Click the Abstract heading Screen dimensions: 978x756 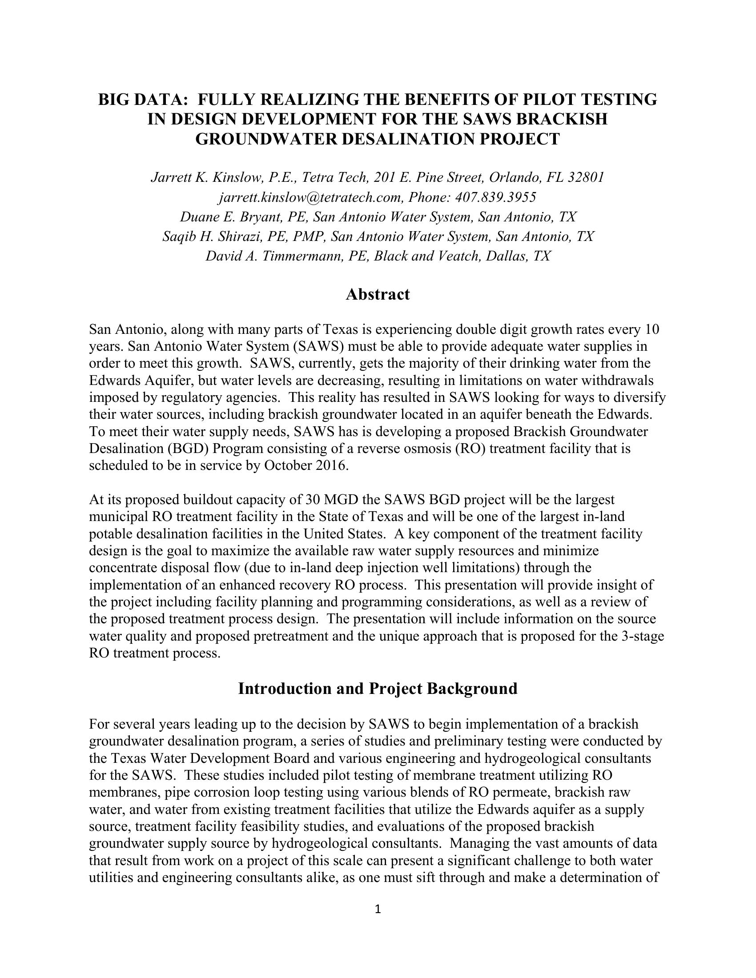[x=378, y=294]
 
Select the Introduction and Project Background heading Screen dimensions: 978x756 [x=378, y=688]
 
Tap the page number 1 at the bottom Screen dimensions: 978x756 [x=378, y=909]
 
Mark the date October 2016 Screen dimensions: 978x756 [x=306, y=466]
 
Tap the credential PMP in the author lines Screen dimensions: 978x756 [x=308, y=236]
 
